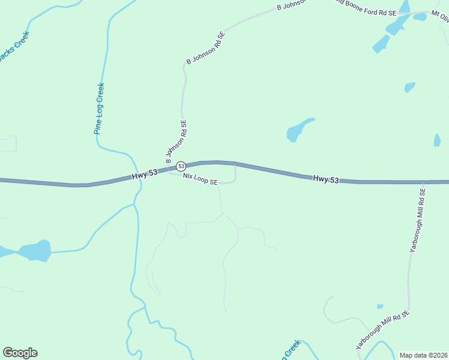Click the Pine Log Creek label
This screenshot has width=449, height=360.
pos(99,109)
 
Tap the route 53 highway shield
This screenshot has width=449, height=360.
pos(181,166)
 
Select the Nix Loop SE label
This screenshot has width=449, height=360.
pos(200,179)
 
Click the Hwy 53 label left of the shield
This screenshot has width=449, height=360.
pos(145,173)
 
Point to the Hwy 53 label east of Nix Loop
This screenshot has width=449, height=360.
pos(326,179)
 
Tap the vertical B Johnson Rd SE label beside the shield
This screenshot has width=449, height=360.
pos(176,142)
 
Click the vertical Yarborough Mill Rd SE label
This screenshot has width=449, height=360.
pos(417,219)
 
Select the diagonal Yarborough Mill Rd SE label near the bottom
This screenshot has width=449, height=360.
pos(382,331)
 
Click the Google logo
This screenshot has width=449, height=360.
pos(20,353)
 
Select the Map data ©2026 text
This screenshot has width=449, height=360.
pos(424,355)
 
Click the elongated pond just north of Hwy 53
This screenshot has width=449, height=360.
pos(298,130)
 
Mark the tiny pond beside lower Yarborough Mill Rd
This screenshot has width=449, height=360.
pos(380,307)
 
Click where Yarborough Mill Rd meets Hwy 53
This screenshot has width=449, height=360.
pos(423,182)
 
